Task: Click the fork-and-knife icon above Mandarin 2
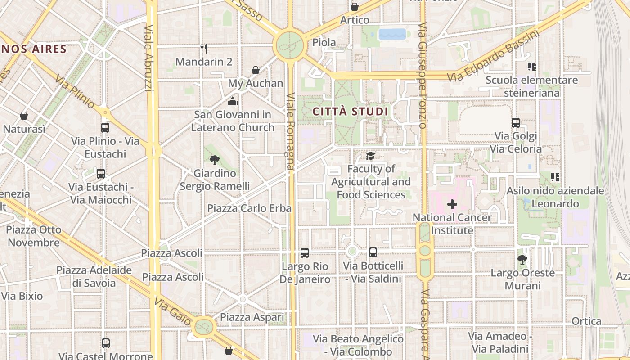[204, 48]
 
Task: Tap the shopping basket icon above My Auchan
[256, 70]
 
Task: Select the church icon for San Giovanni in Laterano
[233, 101]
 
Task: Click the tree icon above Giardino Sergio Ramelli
[215, 160]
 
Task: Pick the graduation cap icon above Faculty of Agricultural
[370, 156]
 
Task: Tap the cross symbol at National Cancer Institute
[452, 205]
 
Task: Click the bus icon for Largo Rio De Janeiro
[305, 253]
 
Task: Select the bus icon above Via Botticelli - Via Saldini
[373, 252]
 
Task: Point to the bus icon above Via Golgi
[516, 122]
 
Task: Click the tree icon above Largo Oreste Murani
[522, 259]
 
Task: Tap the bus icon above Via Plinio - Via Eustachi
[105, 128]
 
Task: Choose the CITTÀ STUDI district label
[350, 111]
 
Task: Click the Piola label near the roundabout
[324, 43]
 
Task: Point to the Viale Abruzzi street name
[150, 58]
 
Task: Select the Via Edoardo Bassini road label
[493, 56]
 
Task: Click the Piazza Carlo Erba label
[249, 208]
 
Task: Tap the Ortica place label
[586, 321]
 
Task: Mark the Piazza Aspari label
[252, 317]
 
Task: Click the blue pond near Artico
[392, 34]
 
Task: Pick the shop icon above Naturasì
[24, 116]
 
